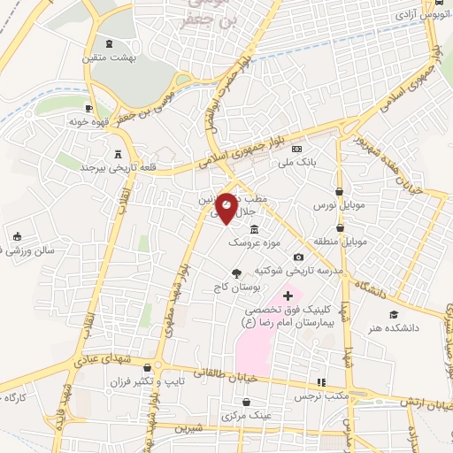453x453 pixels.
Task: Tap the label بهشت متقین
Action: (107, 58)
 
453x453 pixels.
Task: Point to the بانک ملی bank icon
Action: (296, 149)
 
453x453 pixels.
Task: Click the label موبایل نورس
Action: (332, 204)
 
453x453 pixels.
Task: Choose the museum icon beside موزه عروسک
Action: (255, 229)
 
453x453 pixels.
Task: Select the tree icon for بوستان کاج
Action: (236, 273)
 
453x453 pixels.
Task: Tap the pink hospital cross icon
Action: (287, 295)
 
